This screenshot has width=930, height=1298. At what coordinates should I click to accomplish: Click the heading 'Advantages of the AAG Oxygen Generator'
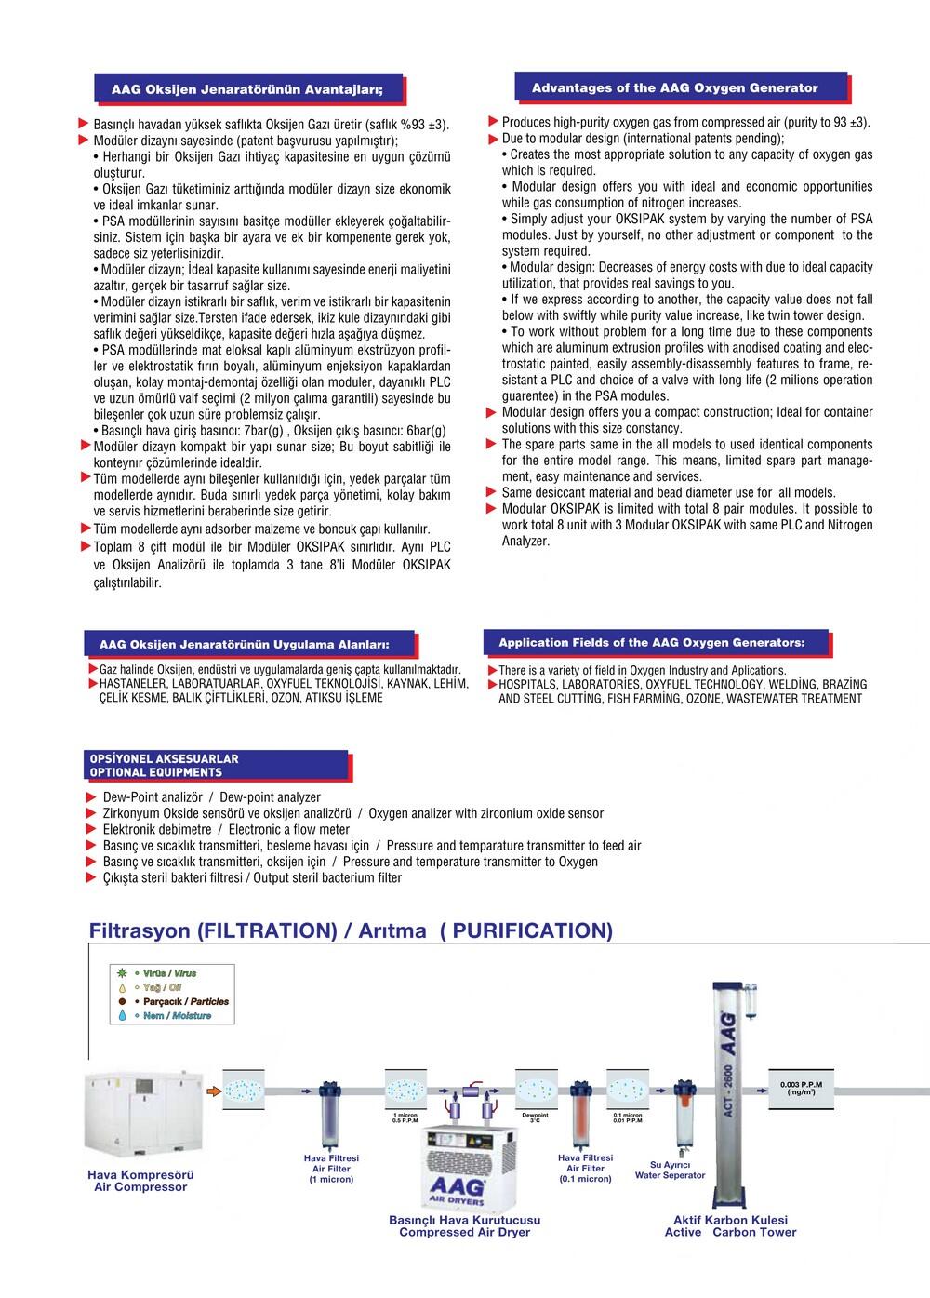(674, 88)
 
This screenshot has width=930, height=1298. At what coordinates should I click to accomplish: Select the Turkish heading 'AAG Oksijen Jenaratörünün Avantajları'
(246, 91)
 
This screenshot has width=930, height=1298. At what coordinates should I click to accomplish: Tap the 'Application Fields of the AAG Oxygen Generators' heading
(651, 643)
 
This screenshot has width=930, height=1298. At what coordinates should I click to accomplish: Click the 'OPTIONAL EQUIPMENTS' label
(155, 772)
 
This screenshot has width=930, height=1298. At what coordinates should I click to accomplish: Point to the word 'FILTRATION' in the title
(268, 931)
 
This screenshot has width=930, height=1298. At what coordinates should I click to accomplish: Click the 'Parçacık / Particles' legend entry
(184, 1002)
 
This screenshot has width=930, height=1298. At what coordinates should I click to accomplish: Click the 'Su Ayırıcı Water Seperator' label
(670, 1170)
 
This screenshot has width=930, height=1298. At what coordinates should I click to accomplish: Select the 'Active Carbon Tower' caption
(730, 1233)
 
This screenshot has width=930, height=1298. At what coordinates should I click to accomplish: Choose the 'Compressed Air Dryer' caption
(464, 1233)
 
